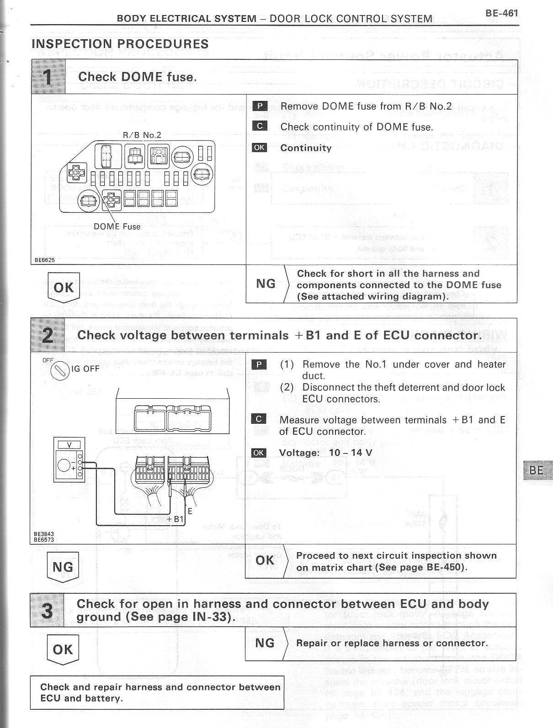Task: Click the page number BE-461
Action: (501, 13)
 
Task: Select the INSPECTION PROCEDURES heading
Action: (120, 44)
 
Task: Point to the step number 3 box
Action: (47, 610)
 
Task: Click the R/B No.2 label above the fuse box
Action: (142, 135)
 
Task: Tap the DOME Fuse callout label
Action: (117, 227)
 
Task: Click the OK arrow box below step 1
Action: (64, 288)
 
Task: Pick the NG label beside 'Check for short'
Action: (266, 284)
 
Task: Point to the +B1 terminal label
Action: (175, 519)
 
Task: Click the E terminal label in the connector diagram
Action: (190, 512)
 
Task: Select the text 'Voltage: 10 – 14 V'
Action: (325, 453)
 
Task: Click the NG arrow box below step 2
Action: (63, 567)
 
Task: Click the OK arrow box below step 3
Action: (63, 649)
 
